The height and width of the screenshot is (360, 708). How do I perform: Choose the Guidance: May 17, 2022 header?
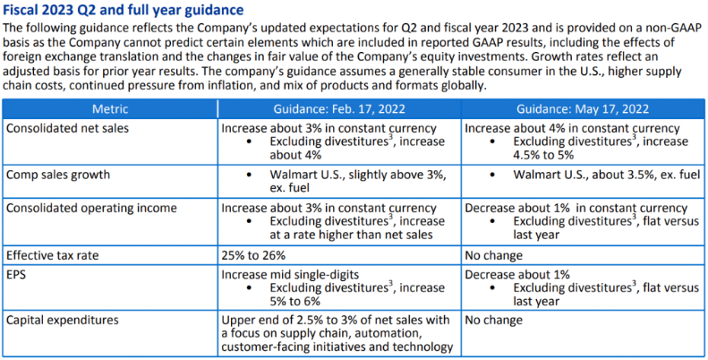(583, 109)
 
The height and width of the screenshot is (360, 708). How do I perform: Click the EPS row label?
(17, 272)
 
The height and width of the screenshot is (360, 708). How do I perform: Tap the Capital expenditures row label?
(65, 319)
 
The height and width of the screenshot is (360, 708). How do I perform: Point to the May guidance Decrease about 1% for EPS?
(517, 272)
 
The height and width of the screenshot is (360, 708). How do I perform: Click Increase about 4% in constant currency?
(573, 128)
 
